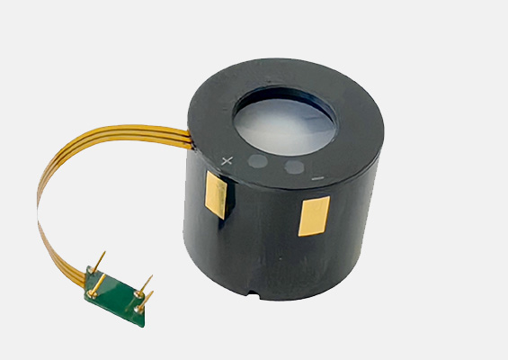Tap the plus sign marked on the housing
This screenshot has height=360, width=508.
coord(227,162)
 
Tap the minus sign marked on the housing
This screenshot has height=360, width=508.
coord(317,178)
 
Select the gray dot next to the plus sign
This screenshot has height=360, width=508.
coord(258,162)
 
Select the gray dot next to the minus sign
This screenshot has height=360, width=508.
coord(293,167)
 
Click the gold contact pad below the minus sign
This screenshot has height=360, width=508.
coord(312,216)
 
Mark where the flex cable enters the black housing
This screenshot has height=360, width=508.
coord(190,136)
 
